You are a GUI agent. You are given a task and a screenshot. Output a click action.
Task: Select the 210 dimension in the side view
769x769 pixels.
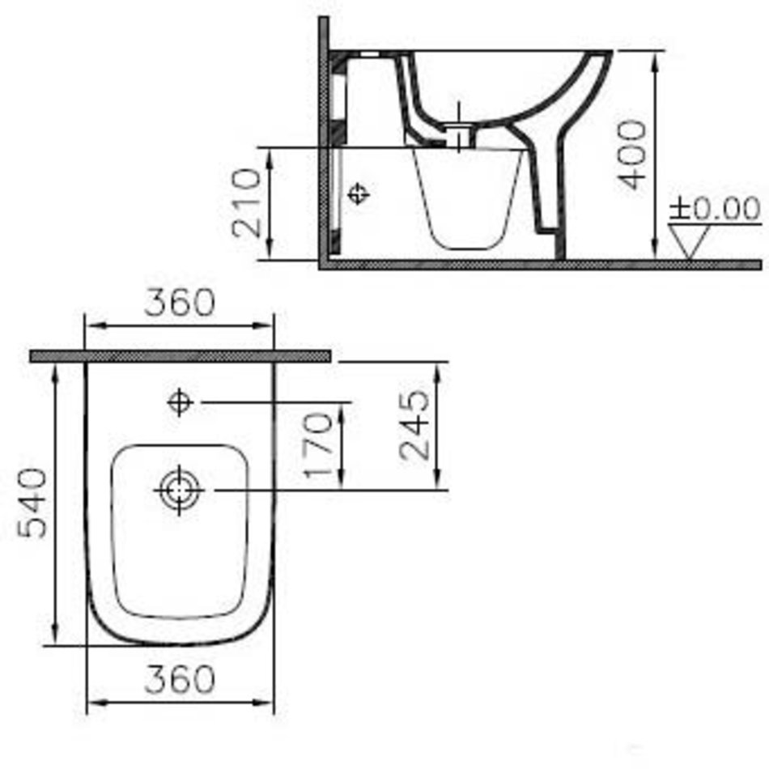(246, 202)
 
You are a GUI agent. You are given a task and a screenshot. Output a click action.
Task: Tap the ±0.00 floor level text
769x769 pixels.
(715, 208)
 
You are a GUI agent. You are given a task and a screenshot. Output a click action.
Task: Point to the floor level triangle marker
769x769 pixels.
(689, 241)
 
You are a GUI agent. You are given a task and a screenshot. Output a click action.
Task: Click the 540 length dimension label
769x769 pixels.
(32, 503)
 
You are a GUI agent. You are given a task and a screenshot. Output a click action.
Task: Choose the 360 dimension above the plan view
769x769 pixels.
(180, 302)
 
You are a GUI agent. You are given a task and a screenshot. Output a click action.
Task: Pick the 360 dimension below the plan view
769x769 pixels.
(180, 679)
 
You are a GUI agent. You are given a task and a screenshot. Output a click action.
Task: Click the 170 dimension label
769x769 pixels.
(318, 445)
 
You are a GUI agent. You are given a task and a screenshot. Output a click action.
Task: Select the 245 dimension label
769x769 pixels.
(414, 425)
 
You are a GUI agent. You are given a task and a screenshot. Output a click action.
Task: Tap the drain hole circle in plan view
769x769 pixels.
(179, 490)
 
